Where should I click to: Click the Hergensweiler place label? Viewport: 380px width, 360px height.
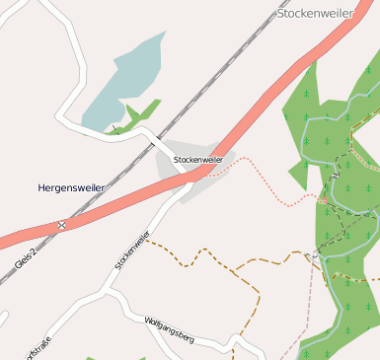tap(72, 187)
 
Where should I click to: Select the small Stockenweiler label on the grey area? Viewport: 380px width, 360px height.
tap(197, 159)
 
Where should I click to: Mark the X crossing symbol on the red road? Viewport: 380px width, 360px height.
tap(61, 226)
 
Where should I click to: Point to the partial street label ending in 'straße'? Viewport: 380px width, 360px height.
tap(38, 348)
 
